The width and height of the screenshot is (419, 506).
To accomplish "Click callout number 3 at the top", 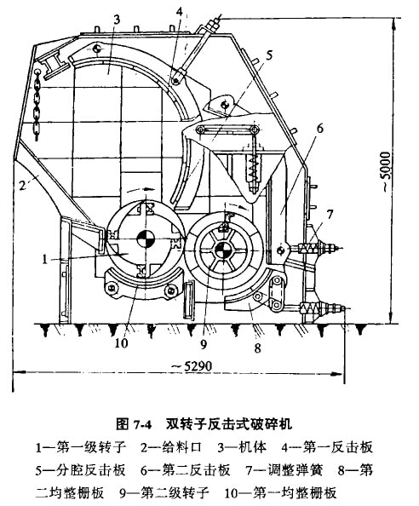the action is (117, 20).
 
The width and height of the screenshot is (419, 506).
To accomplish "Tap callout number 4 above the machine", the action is (180, 12).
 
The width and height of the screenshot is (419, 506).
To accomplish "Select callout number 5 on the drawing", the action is (269, 55).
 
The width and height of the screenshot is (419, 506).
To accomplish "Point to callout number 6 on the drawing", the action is (319, 129).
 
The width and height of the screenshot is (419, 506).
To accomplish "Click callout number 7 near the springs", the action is (330, 215).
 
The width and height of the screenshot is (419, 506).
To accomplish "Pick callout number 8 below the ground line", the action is (257, 348).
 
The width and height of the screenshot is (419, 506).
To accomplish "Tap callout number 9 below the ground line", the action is (204, 345).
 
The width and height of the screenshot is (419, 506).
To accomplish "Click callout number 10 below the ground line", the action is (122, 343).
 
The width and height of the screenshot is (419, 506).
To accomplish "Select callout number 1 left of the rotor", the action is (45, 259).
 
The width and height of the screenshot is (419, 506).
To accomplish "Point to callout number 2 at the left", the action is (22, 185).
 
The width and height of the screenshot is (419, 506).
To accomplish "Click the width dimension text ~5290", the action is (192, 366).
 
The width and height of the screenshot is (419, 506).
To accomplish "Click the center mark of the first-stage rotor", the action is (146, 239).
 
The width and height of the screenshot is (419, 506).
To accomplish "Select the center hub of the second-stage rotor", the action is (222, 250).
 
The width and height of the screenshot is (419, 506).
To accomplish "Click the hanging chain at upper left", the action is (37, 104).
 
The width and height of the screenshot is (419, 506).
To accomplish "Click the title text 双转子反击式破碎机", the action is (229, 423).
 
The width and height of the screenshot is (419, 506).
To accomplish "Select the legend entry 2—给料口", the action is (171, 447).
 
